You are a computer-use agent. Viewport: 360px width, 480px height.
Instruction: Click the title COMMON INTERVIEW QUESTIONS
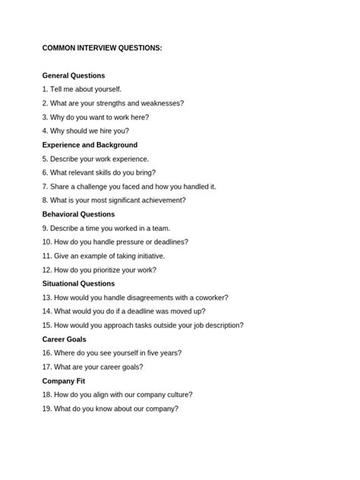pyautogui.click(x=102, y=48)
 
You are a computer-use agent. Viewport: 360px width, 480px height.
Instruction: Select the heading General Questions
pyautogui.click(x=74, y=76)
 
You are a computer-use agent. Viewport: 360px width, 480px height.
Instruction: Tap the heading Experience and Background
pyautogui.click(x=90, y=145)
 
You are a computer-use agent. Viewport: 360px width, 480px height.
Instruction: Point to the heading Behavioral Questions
pyautogui.click(x=78, y=214)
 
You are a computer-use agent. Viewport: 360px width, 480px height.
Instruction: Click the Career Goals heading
pyautogui.click(x=64, y=339)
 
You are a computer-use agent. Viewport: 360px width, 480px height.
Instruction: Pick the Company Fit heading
pyautogui.click(x=63, y=381)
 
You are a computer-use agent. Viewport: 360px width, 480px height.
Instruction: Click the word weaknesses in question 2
pyautogui.click(x=161, y=103)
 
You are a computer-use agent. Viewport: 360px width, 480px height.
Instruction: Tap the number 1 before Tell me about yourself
pyautogui.click(x=45, y=90)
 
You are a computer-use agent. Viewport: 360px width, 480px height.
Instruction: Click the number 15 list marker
pyautogui.click(x=47, y=325)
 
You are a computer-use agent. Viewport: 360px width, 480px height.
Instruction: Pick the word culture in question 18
pyautogui.click(x=178, y=395)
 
